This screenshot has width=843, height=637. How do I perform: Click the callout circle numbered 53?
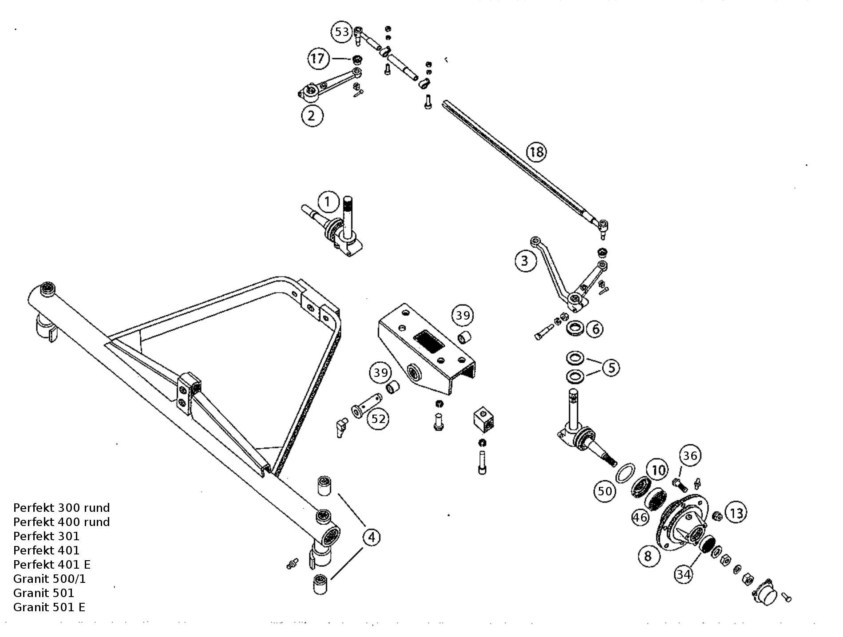tap(342, 32)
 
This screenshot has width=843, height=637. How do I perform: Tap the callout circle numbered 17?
tap(318, 58)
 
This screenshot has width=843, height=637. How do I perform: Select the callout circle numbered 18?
tap(537, 152)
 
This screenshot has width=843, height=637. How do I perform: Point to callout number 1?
tap(328, 202)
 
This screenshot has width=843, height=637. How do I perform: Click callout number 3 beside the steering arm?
tap(525, 261)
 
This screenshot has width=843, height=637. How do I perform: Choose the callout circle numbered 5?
tap(611, 368)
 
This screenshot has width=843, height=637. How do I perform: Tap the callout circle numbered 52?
tap(378, 419)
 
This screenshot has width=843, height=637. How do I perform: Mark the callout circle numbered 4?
tap(372, 538)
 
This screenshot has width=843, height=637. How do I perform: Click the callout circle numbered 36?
tap(690, 455)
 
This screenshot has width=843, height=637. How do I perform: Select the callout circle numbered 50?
tap(605, 491)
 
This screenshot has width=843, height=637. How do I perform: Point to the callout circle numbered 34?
tap(684, 574)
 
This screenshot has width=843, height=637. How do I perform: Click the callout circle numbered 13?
tap(736, 514)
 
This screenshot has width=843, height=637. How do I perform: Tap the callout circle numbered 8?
tap(648, 556)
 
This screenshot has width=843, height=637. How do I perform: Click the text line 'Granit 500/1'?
tap(49, 579)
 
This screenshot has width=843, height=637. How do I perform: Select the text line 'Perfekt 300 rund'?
tap(61, 508)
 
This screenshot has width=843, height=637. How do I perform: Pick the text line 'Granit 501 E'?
tap(49, 607)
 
